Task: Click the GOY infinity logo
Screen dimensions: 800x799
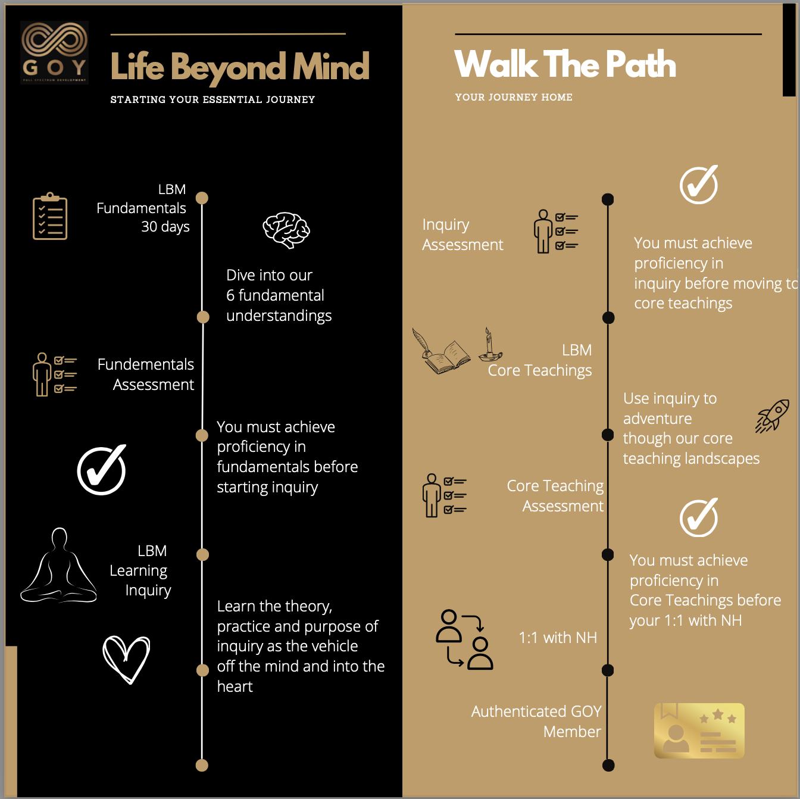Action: (x=54, y=52)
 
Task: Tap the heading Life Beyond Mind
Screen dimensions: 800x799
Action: (x=239, y=67)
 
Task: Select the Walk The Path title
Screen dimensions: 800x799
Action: (x=565, y=64)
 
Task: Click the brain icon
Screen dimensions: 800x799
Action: (x=286, y=230)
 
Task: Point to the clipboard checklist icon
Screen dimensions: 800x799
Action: (x=50, y=216)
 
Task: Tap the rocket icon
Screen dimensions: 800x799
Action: (x=772, y=416)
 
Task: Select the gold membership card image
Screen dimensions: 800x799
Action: (x=699, y=731)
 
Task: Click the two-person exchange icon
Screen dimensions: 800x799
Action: (x=464, y=639)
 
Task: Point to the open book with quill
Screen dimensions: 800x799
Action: (x=441, y=352)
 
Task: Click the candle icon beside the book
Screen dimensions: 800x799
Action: (x=490, y=345)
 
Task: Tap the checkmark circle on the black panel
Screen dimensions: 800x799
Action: (x=102, y=470)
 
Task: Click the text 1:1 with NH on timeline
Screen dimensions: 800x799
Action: (x=558, y=638)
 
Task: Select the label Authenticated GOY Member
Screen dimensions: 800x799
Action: (x=536, y=721)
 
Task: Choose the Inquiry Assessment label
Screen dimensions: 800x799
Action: (x=462, y=235)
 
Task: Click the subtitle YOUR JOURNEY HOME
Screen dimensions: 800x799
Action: (x=514, y=97)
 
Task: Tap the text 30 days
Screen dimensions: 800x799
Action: (x=165, y=227)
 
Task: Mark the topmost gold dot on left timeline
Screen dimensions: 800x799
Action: (x=202, y=198)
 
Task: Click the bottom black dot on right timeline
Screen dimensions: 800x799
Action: (x=608, y=766)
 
